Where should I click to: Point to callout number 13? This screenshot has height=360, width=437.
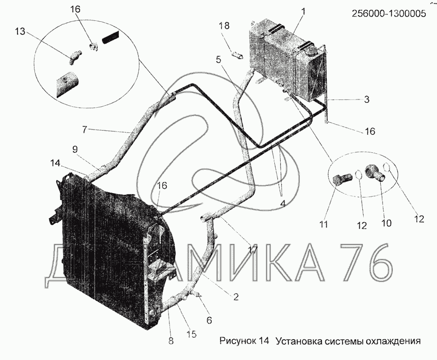click(19, 32)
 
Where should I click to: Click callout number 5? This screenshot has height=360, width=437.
click(218, 60)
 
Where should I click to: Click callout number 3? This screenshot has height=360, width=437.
click(367, 99)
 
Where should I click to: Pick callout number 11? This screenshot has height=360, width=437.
click(323, 225)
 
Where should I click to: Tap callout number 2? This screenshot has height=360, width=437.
click(235, 297)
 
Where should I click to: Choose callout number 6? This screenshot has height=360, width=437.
click(209, 320)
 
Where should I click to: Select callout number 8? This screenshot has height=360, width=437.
click(170, 341)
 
